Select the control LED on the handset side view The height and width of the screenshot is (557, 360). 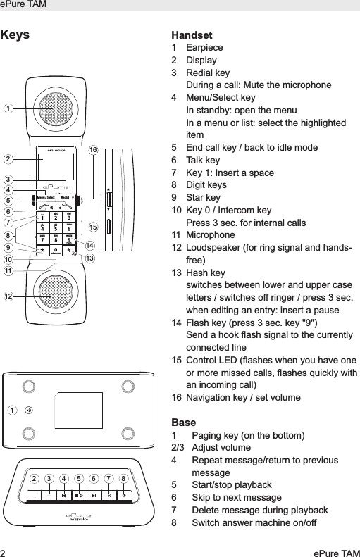108,227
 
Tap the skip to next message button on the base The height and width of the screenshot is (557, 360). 94,495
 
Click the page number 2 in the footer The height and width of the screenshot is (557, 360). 4,549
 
